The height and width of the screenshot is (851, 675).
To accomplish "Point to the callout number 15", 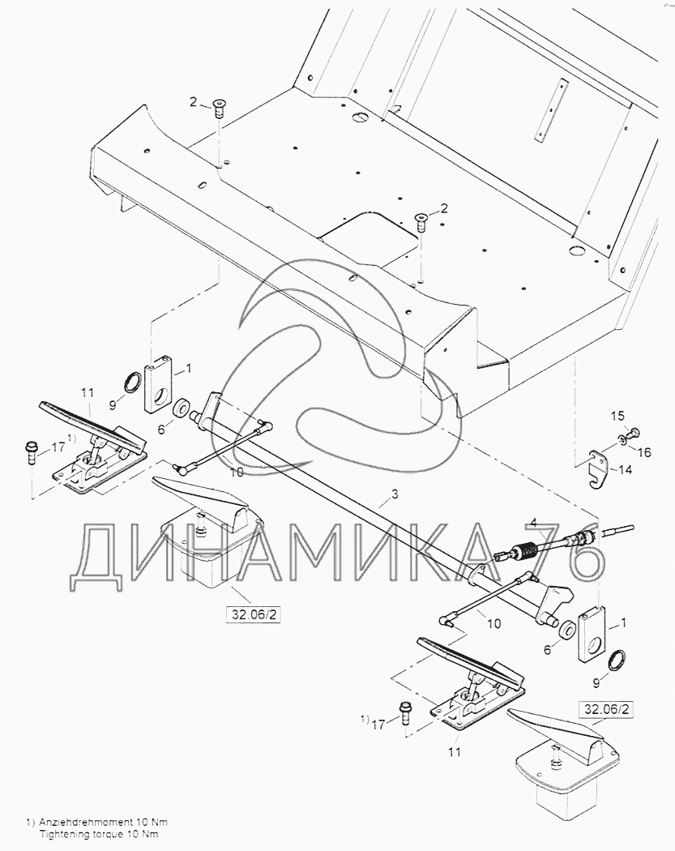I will click(x=617, y=416).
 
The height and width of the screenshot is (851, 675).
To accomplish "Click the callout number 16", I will click(x=643, y=452).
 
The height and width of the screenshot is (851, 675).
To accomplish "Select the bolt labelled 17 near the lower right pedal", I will click(x=404, y=713).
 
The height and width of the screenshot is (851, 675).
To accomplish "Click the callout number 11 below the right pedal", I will click(x=455, y=752).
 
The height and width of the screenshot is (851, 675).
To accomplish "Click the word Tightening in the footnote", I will click(x=66, y=834).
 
